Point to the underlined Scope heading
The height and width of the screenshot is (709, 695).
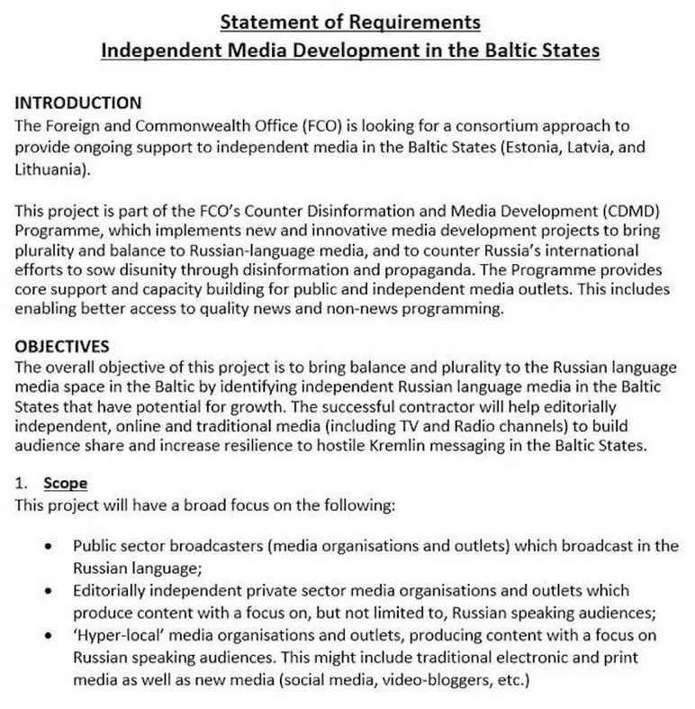point(65,484)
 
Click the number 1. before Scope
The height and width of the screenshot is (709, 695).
point(23,484)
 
